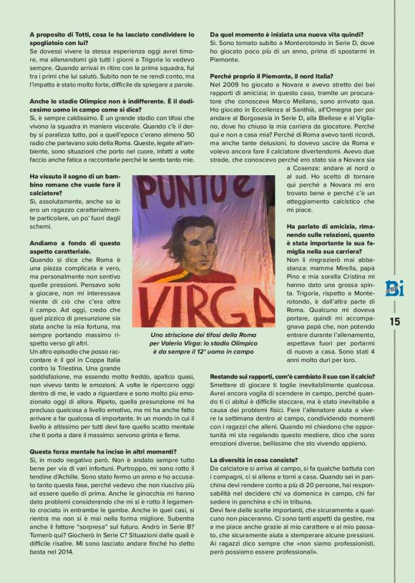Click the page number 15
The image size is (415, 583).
click(395, 321)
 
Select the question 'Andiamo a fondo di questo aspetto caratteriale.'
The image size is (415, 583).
click(74, 248)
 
